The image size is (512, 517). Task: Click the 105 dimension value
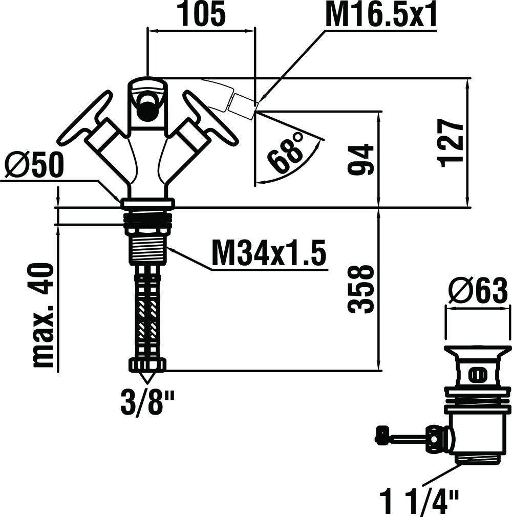[202, 15]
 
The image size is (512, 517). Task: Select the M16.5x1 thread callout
[381, 15]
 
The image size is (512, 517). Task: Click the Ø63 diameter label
[478, 292]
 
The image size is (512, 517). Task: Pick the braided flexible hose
[147, 312]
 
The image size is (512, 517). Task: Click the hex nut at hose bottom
[147, 365]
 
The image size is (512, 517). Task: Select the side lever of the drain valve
[404, 438]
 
